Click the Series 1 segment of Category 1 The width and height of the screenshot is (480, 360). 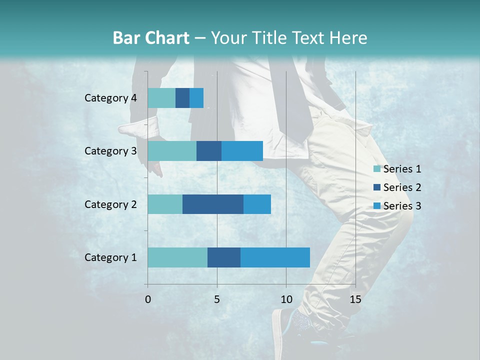click(177, 257)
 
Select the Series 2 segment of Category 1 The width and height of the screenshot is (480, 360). click(224, 257)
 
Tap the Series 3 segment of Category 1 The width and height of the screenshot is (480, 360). click(275, 257)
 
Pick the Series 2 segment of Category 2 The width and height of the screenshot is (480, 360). click(213, 204)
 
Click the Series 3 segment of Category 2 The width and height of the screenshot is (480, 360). click(257, 204)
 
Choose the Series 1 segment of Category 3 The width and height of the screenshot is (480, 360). click(172, 151)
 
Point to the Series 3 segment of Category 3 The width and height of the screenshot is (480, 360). click(242, 151)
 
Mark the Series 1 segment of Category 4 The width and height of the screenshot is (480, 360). click(161, 98)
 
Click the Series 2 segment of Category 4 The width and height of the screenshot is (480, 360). click(182, 98)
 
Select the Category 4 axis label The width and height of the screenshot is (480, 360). click(110, 98)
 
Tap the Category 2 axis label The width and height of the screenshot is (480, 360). click(110, 204)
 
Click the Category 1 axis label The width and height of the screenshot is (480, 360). click(110, 257)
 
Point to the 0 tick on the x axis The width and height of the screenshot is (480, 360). click(148, 299)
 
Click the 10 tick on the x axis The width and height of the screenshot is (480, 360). click(286, 299)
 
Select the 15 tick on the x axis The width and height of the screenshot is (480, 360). click(355, 299)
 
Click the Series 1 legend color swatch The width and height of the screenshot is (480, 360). click(377, 169)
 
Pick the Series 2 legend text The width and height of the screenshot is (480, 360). click(402, 187)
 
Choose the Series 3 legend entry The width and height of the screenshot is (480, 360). click(397, 206)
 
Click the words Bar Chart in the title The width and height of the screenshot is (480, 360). click(150, 38)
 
